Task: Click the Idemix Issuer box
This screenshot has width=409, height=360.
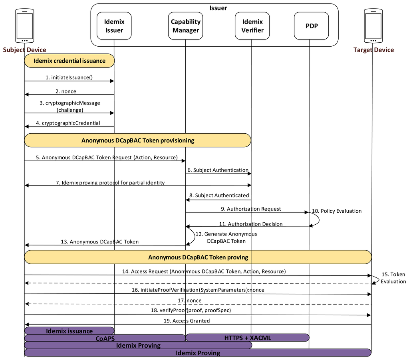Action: click(114, 26)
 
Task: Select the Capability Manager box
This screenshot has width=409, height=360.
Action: click(185, 26)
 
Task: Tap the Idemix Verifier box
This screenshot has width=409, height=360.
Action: click(252, 26)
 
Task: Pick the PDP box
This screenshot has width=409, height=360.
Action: click(311, 26)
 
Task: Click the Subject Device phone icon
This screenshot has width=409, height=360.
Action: click(24, 26)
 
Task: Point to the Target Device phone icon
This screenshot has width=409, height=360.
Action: click(373, 26)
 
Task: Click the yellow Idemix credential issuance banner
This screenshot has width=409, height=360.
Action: click(69, 61)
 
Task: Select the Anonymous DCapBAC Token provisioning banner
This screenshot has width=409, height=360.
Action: click(138, 140)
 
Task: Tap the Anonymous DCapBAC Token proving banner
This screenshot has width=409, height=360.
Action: click(198, 257)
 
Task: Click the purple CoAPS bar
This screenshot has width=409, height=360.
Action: click(105, 338)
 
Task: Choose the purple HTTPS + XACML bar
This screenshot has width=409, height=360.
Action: click(248, 338)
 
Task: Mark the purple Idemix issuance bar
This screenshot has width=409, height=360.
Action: click(69, 331)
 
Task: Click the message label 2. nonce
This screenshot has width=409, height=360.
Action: click(66, 91)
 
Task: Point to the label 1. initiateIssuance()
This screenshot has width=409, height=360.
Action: click(72, 77)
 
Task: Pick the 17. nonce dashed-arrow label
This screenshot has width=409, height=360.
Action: click(190, 300)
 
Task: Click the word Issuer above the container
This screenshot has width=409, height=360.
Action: click(218, 8)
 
